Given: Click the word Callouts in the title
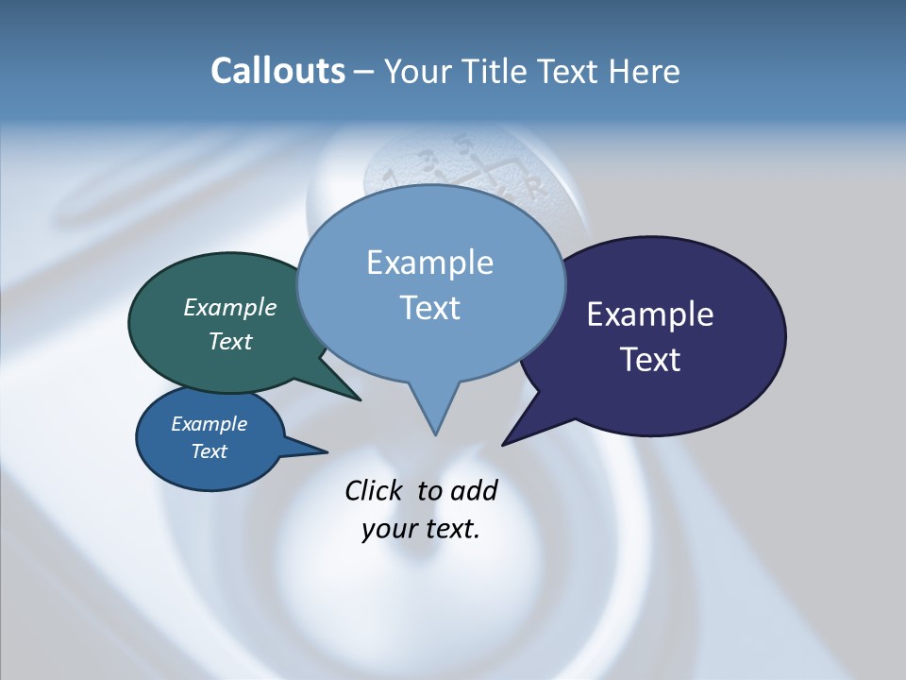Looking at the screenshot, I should click(277, 71).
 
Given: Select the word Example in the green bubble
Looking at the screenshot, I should click(230, 308).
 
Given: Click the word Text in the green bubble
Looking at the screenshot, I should click(230, 341).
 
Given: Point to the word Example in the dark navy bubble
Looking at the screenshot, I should click(650, 314).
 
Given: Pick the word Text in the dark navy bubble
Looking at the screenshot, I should click(650, 359).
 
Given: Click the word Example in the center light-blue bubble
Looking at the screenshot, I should click(430, 263).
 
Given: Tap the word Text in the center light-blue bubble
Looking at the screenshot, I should click(430, 307).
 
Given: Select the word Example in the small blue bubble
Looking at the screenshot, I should click(210, 424).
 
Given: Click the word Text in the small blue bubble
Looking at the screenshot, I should click(210, 451).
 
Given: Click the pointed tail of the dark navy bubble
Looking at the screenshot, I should click(506, 442).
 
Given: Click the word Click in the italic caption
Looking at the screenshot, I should click(376, 490).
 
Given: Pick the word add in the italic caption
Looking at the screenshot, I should click(474, 490).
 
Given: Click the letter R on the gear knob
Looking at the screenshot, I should click(537, 189).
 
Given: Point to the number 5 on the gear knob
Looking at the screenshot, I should click(462, 144).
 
